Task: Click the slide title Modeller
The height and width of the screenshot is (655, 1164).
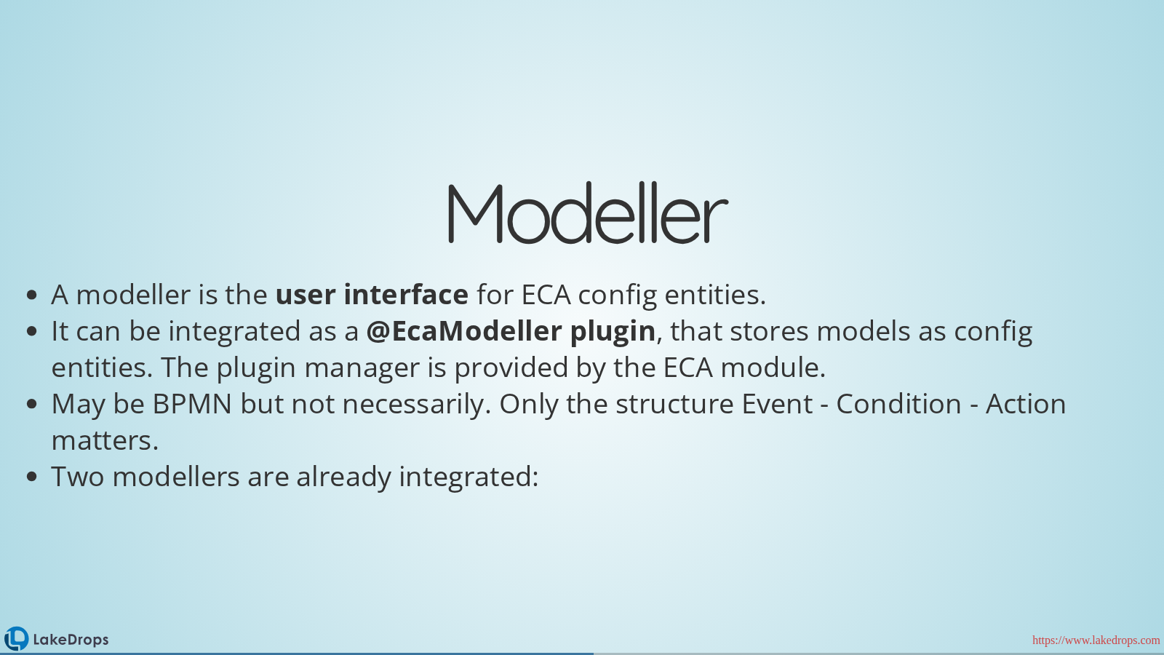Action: coord(588,213)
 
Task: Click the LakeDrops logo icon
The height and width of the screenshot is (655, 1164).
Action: coord(16,639)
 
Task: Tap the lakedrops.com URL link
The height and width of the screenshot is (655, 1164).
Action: coord(1096,640)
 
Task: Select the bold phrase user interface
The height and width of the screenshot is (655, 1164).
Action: coord(372,294)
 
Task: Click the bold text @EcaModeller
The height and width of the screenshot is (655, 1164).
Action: coord(464,330)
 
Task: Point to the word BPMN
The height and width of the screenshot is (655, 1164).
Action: coord(192,404)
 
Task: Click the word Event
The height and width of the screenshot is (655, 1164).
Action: coord(777,404)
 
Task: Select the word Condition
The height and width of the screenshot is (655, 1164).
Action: coord(898,404)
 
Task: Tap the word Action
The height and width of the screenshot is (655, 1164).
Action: coord(1026,404)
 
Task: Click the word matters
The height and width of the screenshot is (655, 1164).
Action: coord(105,440)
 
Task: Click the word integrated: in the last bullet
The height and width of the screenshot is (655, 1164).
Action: coord(469,477)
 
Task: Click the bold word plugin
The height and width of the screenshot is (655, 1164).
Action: coord(613,332)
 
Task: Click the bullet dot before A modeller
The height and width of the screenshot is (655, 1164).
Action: coord(32,295)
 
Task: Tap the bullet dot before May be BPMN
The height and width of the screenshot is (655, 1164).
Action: coord(32,405)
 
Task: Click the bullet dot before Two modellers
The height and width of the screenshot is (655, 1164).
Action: coord(32,477)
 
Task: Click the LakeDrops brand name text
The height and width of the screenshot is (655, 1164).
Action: coord(71,640)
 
